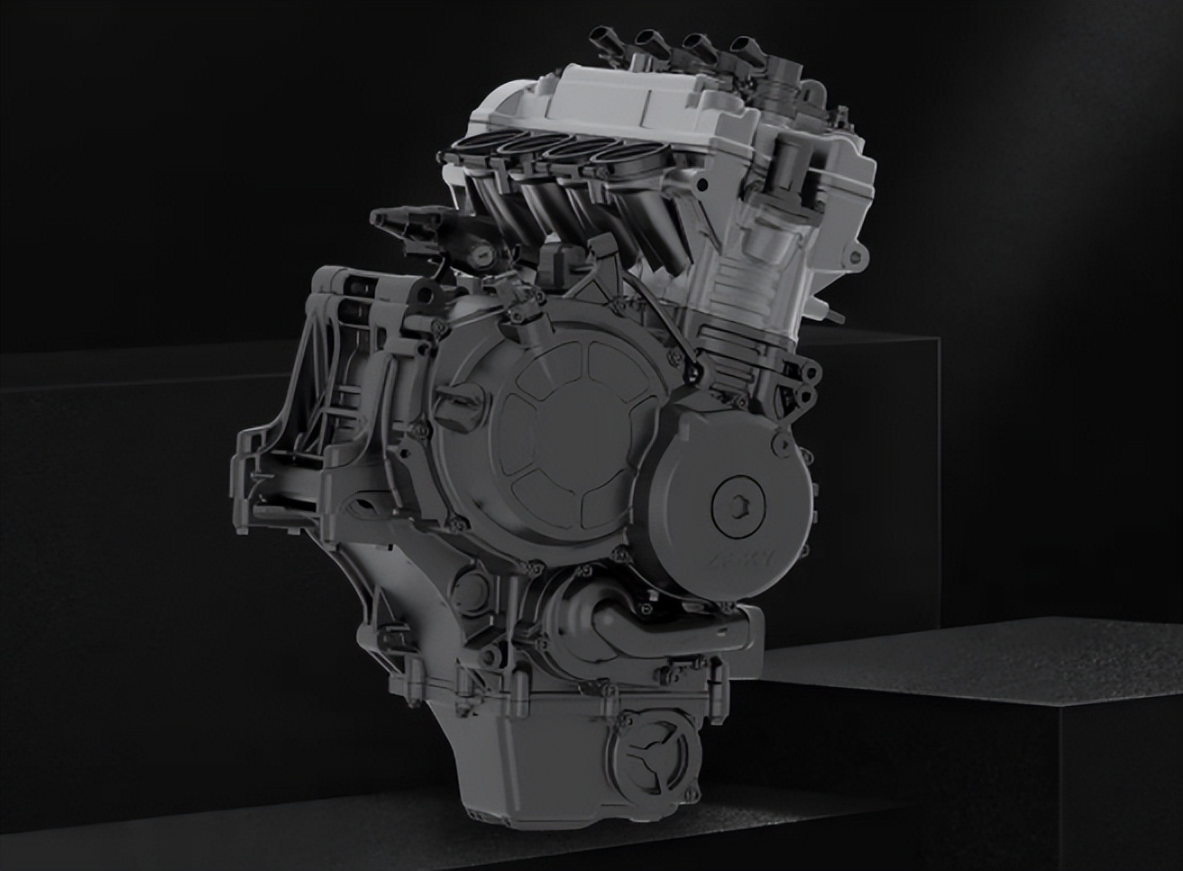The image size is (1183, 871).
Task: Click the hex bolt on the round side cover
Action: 731,501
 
